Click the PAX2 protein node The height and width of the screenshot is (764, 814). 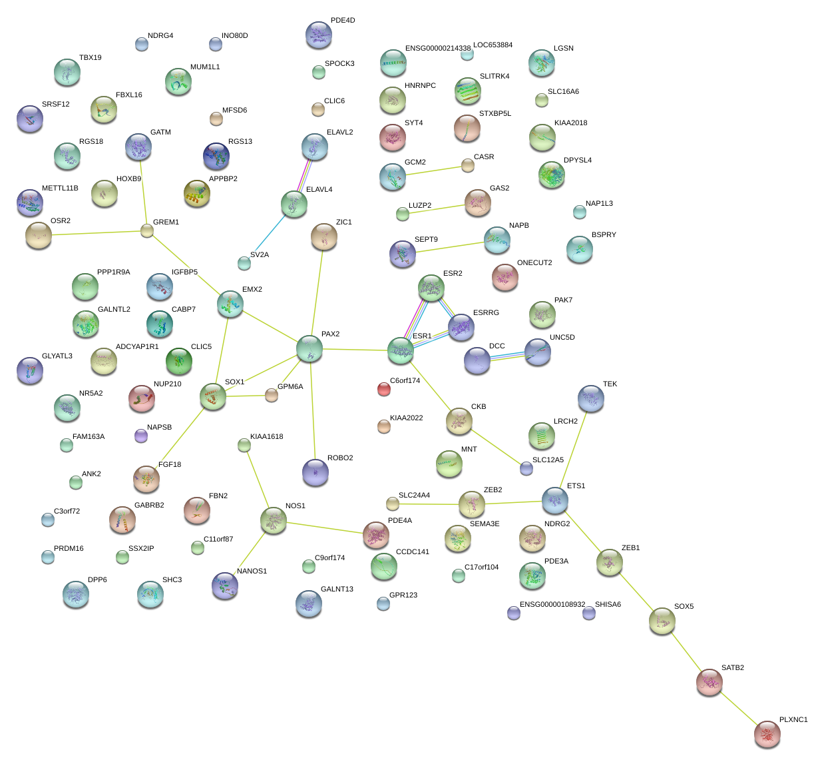click(x=309, y=348)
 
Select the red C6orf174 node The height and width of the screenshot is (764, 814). click(x=384, y=389)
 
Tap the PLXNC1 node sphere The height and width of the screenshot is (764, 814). click(x=767, y=734)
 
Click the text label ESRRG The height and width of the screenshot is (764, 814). click(x=486, y=312)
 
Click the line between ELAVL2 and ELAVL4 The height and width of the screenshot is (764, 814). click(x=304, y=176)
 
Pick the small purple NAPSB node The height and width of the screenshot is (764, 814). click(x=140, y=436)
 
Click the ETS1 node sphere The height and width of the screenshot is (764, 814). click(x=554, y=500)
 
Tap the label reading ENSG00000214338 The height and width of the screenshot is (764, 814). click(x=438, y=49)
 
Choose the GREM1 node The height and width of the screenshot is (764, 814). click(x=147, y=230)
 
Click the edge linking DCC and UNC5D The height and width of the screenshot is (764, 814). click(x=507, y=357)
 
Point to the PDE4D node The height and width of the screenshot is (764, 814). click(x=319, y=35)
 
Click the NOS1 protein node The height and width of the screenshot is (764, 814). click(x=274, y=521)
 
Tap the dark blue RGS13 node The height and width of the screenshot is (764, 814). click(x=216, y=156)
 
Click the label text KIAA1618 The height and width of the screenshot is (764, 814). click(x=266, y=437)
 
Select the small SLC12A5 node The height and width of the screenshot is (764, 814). click(x=526, y=468)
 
